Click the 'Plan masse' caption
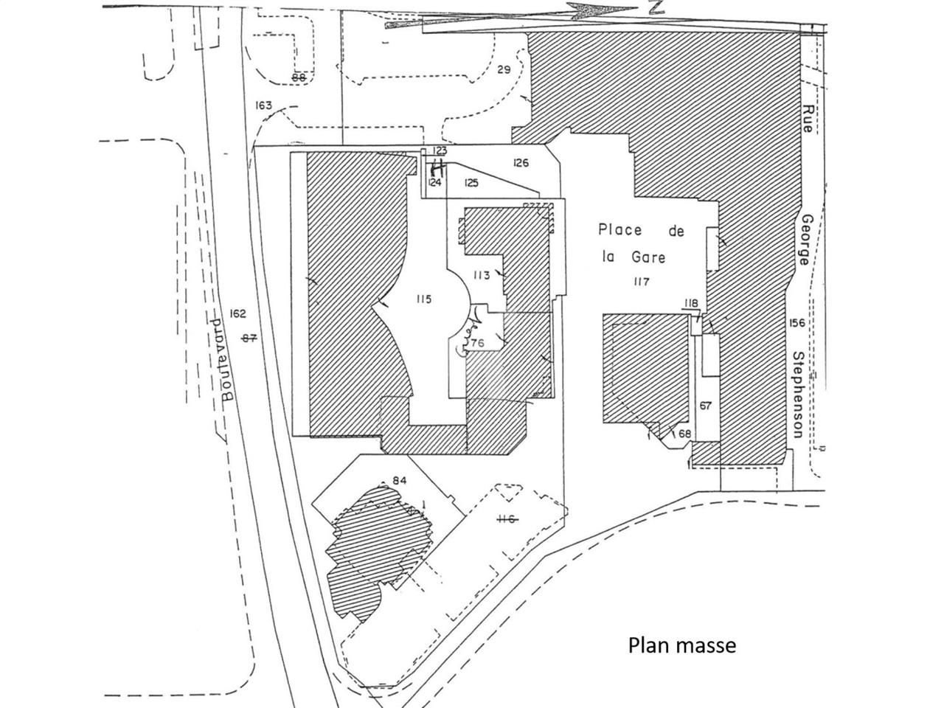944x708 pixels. click(x=681, y=645)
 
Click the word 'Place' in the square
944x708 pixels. click(x=619, y=230)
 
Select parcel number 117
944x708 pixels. click(x=642, y=282)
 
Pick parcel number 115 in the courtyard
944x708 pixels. click(x=423, y=299)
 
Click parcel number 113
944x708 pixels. click(x=482, y=276)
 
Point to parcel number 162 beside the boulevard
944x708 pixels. click(x=237, y=313)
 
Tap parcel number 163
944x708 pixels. click(x=263, y=105)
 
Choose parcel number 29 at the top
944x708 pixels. click(x=504, y=70)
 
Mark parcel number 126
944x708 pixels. click(x=521, y=163)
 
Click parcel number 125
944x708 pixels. click(x=472, y=182)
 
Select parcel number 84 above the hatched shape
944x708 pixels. click(x=400, y=481)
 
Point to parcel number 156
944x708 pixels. click(x=797, y=323)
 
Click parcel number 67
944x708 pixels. click(x=706, y=406)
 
